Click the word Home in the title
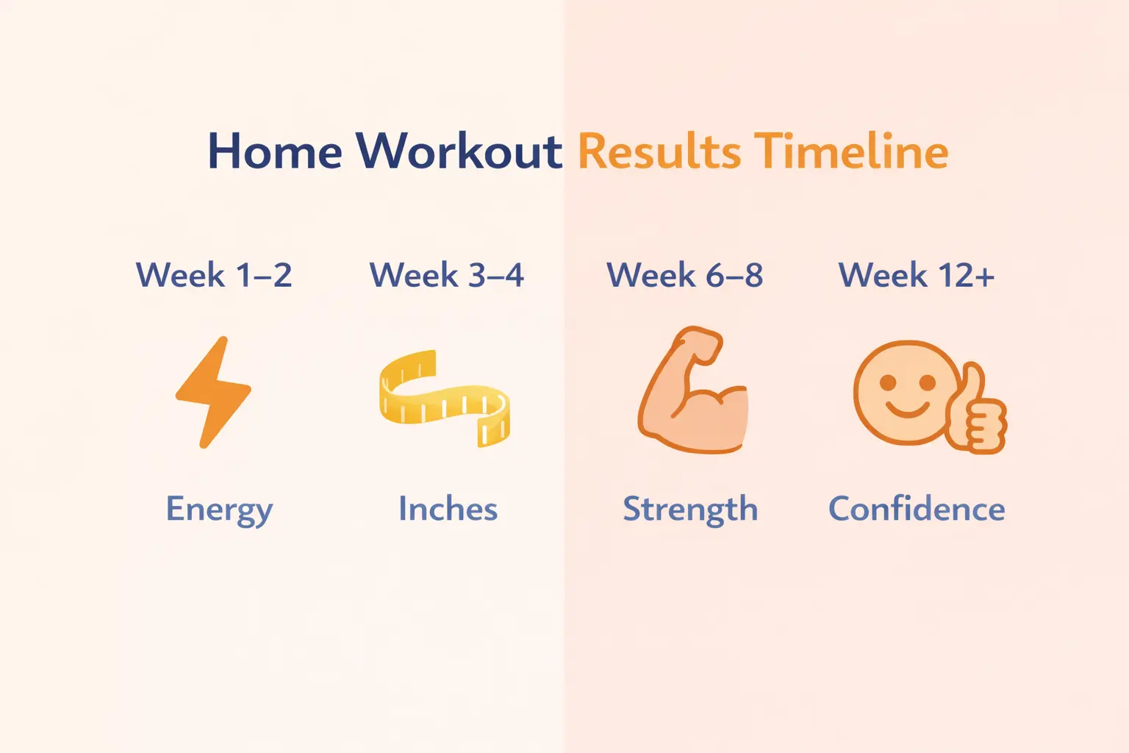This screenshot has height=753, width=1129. [x=275, y=151]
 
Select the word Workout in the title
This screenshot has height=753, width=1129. [x=459, y=151]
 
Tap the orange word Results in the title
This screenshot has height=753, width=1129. [x=659, y=151]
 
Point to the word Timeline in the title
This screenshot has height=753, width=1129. [x=850, y=151]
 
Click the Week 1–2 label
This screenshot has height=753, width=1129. [x=214, y=275]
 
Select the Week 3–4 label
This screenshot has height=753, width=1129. [x=446, y=275]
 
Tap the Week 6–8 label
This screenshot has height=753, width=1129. [x=684, y=275]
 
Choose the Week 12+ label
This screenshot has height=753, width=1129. [x=917, y=275]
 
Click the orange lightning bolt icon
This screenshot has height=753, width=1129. [x=213, y=391]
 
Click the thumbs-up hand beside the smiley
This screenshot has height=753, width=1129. [x=978, y=412]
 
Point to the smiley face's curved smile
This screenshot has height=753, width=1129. [x=907, y=409]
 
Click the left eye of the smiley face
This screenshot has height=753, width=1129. [x=888, y=382]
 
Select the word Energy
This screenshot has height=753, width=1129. [x=219, y=509]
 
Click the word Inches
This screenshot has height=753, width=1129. [x=448, y=509]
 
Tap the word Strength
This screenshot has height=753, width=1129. [x=690, y=509]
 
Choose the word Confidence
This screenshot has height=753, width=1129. [x=917, y=509]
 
